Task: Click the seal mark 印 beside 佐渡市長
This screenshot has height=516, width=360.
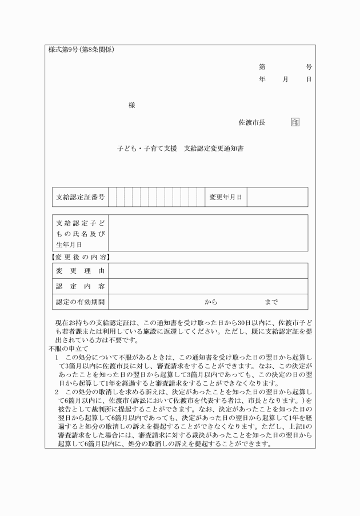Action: coord(295,122)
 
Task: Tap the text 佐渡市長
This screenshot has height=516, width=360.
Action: coord(252,122)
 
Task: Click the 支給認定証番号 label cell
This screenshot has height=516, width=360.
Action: coord(80,197)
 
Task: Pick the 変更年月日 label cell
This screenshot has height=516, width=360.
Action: coord(226,197)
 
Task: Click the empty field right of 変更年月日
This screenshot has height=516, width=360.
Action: coord(277,197)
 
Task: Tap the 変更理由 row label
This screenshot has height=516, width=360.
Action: coord(80,271)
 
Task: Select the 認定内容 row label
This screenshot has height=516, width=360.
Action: coord(80,286)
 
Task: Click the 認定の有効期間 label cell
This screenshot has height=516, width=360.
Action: coord(80,301)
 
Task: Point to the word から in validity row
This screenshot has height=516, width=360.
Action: coord(211,301)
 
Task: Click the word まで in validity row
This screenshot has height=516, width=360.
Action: coord(271,301)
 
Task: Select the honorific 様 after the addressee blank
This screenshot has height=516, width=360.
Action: coord(132,106)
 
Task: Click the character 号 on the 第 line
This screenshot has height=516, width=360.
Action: coord(309,67)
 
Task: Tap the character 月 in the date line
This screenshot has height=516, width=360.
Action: coord(285,79)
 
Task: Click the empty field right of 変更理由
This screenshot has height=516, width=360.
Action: coord(207,271)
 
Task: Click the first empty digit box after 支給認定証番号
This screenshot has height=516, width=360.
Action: coord(112,197)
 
